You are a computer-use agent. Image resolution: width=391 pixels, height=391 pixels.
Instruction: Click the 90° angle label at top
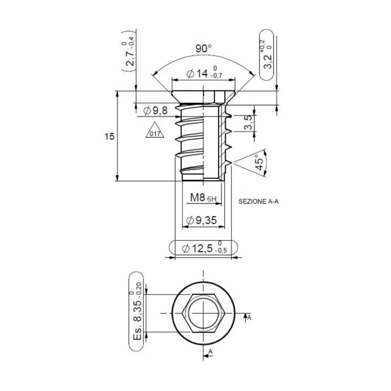204,49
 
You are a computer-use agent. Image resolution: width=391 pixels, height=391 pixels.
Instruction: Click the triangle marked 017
155,131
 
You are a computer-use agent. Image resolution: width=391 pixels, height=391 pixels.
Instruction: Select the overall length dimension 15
110,136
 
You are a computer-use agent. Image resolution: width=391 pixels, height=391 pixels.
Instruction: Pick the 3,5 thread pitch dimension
249,123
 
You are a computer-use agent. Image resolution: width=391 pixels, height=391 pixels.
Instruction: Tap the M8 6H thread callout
203,198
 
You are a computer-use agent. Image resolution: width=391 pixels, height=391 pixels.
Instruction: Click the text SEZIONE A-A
259,202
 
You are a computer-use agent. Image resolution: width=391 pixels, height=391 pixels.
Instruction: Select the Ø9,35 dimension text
201,220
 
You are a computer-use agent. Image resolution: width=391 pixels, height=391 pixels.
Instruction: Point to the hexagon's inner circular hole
203,313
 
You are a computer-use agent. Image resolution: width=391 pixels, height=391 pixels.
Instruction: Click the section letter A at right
249,317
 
